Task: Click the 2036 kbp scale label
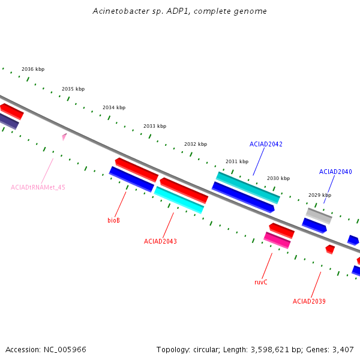33,69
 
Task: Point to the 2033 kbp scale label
155,126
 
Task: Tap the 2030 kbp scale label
278,178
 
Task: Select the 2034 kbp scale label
114,107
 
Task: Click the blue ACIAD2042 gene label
266,144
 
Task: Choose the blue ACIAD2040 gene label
335,172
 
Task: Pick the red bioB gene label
113,220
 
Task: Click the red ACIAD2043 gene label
160,241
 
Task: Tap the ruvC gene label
261,282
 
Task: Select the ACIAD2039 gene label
309,301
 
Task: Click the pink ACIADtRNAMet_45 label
38,187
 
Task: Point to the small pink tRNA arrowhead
64,137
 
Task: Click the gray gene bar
319,216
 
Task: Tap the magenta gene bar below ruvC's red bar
277,240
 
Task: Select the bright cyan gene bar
179,200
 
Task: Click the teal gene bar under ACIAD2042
248,188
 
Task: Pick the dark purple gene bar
9,121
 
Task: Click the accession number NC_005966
65,350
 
